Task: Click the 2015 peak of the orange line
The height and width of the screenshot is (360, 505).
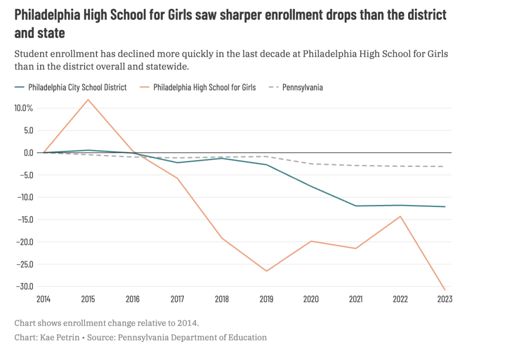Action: [89, 99]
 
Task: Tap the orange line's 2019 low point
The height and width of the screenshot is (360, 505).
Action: [266, 271]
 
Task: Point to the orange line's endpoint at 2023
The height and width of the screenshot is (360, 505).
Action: [444, 290]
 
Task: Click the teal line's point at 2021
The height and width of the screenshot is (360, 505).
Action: [356, 206]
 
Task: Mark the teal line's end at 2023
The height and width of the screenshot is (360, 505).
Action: [444, 207]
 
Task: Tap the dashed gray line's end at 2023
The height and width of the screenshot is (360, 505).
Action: [444, 166]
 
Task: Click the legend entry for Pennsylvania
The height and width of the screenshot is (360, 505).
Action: [302, 87]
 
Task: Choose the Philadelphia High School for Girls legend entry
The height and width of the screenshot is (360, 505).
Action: [204, 87]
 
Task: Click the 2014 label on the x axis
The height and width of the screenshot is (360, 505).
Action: [44, 299]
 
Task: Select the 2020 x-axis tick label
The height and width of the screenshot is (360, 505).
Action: [311, 299]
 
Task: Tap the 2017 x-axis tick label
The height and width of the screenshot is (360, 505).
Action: [177, 299]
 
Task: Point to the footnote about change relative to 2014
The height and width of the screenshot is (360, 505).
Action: [106, 323]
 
